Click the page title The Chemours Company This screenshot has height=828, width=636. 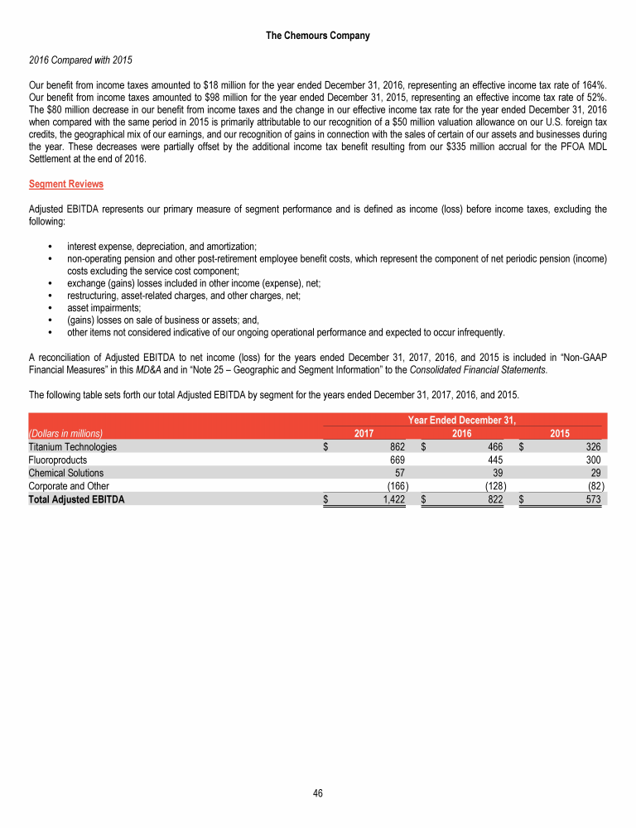coord(318,36)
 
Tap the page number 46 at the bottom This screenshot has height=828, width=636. coord(318,792)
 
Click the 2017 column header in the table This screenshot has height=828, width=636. coord(364,433)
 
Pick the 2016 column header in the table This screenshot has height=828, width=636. coord(461,433)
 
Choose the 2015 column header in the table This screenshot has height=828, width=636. coord(560,433)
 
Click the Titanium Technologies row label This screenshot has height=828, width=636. coord(72,447)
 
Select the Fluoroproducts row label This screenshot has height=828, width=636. coord(57,460)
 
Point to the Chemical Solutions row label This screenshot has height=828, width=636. coord(66,473)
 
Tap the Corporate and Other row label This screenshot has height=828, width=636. coord(69,486)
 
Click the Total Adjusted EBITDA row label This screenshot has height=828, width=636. coord(76,499)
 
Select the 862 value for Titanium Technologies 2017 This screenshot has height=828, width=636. coord(396,447)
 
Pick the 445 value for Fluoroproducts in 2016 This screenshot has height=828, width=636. coord(495,460)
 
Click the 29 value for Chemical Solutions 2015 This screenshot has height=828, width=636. coord(596,473)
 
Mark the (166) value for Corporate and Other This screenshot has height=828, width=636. coord(394,486)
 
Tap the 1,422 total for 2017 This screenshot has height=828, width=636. coord(392,499)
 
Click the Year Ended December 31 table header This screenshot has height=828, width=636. coord(461,420)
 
